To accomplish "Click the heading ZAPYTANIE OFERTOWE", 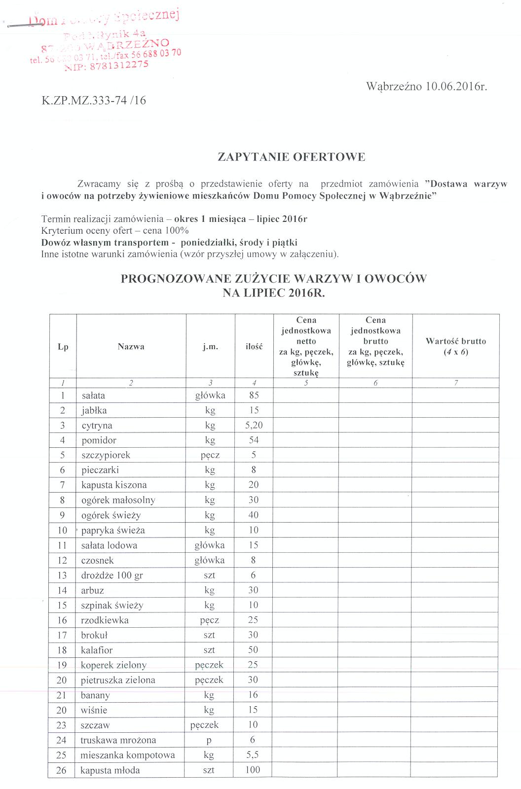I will point(291,157).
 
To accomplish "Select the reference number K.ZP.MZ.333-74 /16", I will point(94,101).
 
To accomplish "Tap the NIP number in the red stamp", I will point(106,67).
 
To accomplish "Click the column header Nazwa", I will point(131,347).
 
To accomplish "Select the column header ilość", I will point(254,347).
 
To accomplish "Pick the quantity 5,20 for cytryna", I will point(254,426).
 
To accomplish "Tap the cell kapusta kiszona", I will point(114,485).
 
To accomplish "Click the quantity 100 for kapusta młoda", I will point(253,770).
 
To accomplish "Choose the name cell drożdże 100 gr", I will point(112,575).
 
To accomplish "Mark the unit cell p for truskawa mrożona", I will point(209,740).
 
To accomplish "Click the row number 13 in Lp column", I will point(62,575).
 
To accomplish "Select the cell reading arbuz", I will point(93,590).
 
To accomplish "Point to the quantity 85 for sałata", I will point(254,395).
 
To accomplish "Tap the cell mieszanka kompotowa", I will point(128,755).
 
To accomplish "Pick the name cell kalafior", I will point(97,650).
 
